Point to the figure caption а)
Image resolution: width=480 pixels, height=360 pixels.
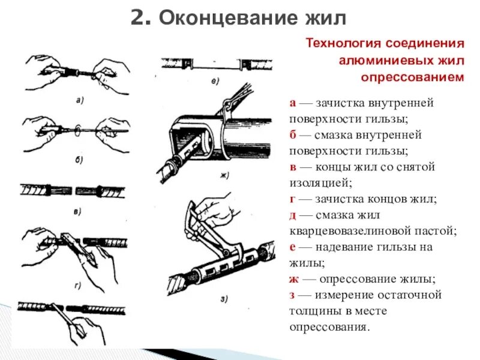click(79, 101)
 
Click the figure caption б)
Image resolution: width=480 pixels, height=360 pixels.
click(79, 159)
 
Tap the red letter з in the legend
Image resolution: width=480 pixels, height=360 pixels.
click(292, 295)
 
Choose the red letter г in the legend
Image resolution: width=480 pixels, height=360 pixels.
click(292, 198)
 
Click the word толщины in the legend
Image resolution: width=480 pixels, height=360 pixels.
click(313, 311)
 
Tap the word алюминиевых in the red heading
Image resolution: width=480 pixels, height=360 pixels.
click(380, 61)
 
